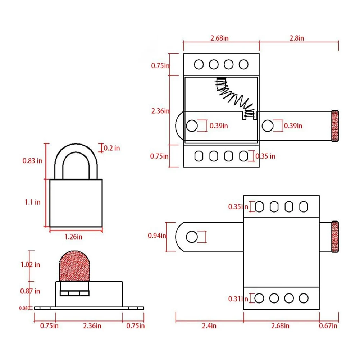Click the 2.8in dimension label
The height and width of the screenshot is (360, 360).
tap(297, 38)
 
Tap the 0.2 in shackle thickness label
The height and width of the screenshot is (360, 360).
tap(112, 148)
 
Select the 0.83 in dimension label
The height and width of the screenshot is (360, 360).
tap(32, 161)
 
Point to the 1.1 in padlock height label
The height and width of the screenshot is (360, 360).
tap(33, 202)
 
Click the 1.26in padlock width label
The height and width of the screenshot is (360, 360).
tap(73, 237)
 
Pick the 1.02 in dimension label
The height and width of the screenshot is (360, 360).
tap(30, 265)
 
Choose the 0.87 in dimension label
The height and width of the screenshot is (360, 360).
tap(30, 291)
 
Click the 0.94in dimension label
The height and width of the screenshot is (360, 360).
tap(157, 236)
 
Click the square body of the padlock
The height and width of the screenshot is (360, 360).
tap(76, 203)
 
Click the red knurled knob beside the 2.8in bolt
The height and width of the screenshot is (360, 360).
tap(335, 126)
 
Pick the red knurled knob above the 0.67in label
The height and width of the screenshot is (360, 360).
tap(335, 237)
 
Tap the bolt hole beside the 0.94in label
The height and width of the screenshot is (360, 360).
tap(192, 237)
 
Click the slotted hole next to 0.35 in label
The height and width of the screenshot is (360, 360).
tap(244, 156)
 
